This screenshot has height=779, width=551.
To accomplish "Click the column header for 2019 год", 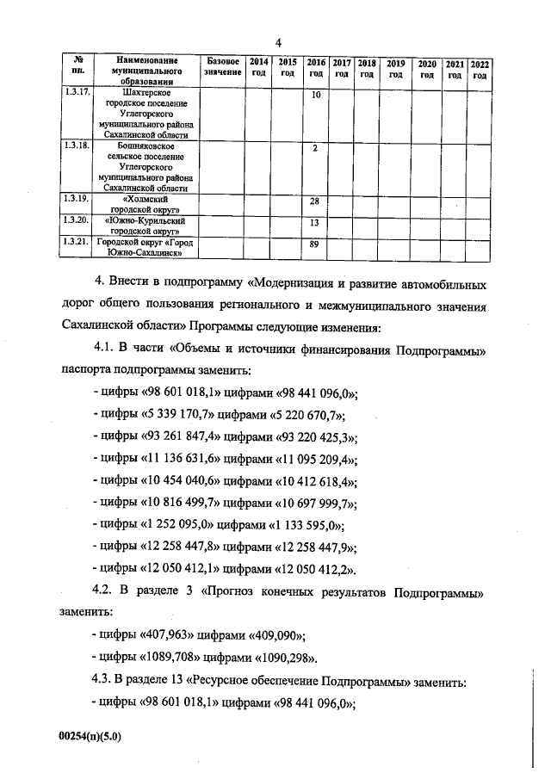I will tap(396, 69).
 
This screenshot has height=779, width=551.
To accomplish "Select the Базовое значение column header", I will tap(222, 69).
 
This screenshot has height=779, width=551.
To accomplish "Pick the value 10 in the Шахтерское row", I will tap(316, 93).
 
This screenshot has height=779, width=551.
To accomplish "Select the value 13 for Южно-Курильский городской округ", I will tap(316, 223).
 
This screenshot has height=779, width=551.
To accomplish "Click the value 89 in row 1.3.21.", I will tap(316, 244).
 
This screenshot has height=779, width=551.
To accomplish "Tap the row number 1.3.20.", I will tap(77, 222).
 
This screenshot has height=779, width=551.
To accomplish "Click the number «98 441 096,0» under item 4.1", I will tap(315, 392).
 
